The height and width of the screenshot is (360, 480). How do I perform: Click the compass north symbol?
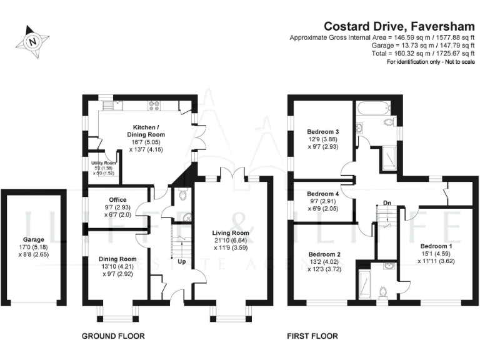tap(32, 42)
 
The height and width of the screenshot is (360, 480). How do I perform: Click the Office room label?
tap(117, 200)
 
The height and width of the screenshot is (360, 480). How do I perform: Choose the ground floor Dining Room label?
tap(117, 259)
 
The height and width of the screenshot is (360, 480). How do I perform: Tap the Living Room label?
tap(231, 233)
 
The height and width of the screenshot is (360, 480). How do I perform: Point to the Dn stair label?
tap(387, 202)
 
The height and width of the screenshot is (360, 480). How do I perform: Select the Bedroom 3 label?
tap(322, 132)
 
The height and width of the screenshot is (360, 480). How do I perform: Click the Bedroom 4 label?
tap(322, 194)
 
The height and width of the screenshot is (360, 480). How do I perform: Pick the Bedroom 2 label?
tap(324, 254)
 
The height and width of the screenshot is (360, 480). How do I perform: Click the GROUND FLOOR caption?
tap(113, 336)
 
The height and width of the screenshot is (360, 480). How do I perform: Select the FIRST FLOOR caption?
tap(312, 336)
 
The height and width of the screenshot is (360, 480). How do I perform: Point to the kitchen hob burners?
tap(154, 104)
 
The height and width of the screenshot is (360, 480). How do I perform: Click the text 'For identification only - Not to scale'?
tap(431, 62)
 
